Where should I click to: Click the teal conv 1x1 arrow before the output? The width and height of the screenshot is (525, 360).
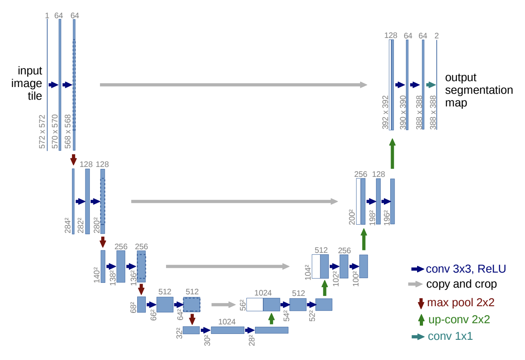click(431, 85)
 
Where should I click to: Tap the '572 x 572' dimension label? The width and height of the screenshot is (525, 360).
click(42, 132)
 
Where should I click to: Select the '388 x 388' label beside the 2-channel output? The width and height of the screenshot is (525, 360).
click(433, 113)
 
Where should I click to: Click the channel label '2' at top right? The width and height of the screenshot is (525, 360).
click(436, 36)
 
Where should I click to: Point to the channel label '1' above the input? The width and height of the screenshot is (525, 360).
click(47, 15)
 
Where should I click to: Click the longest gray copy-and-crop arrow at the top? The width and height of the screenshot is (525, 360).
click(233, 85)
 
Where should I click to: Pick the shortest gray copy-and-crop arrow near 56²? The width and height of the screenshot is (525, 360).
click(223, 305)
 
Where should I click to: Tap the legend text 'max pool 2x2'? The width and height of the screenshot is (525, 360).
click(461, 303)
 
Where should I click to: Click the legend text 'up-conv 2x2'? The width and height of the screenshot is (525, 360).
click(459, 320)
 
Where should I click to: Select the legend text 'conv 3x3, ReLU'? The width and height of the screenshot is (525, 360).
click(466, 269)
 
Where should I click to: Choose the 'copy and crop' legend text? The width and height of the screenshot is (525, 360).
click(461, 284)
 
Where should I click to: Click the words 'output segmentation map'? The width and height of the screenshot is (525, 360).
click(479, 90)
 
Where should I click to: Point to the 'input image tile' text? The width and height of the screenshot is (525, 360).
click(27, 83)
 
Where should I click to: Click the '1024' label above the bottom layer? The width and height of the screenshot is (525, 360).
click(227, 322)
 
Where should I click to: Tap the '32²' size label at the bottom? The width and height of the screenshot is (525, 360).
click(179, 333)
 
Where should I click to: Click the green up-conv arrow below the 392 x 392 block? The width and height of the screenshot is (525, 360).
click(392, 153)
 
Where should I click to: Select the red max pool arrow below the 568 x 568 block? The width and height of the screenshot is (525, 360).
click(74, 160)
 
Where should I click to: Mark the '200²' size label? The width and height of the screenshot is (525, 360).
click(352, 217)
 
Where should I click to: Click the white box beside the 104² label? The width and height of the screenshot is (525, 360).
click(316, 266)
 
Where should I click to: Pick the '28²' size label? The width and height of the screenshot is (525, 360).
click(251, 340)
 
